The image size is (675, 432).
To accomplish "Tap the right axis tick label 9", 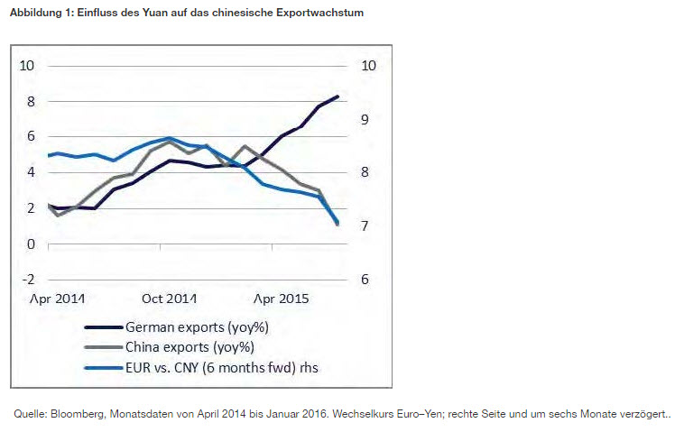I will pyautogui.click(x=365, y=119).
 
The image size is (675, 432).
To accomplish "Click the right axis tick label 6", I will pyautogui.click(x=365, y=280).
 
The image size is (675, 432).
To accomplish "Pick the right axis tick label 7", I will pyautogui.click(x=365, y=226).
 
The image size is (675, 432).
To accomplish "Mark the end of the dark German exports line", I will pyautogui.click(x=337, y=97).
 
